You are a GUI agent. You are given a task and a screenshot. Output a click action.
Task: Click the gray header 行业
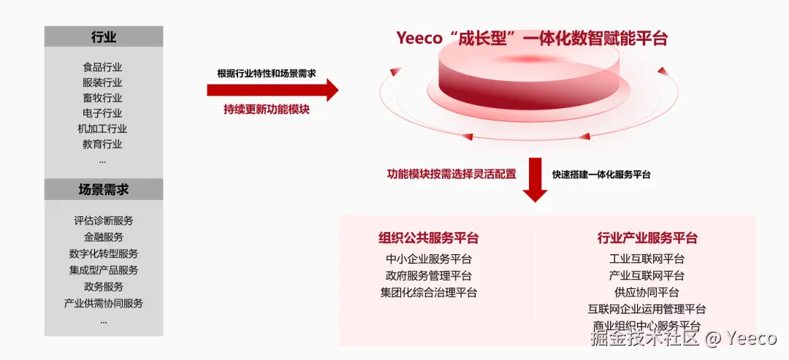click(103, 37)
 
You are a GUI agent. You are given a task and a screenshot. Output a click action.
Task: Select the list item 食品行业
click(102, 67)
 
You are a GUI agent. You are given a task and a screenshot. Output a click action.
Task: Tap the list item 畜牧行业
click(102, 98)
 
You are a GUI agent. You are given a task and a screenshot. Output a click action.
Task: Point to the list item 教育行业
click(102, 144)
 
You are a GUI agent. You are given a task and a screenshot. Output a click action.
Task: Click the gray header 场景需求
click(103, 189)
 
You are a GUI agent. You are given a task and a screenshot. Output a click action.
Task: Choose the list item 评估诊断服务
click(103, 220)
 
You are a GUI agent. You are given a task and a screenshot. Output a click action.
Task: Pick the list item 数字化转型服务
click(103, 253)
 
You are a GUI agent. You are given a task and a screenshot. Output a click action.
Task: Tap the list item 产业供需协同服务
click(103, 303)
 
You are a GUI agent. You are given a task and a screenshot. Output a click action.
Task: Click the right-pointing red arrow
click(272, 91)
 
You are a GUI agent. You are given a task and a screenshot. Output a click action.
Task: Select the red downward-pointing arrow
click(535, 180)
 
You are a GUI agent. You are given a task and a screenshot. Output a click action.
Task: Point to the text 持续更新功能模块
click(267, 110)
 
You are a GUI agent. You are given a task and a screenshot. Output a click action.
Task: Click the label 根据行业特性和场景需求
click(267, 74)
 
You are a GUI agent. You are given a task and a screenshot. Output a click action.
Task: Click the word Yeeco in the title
click(419, 38)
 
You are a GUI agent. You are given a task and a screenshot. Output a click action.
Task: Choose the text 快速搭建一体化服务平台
click(601, 175)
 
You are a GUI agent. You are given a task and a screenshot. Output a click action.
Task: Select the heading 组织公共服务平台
click(428, 237)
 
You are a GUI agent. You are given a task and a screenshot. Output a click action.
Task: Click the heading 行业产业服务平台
click(647, 237)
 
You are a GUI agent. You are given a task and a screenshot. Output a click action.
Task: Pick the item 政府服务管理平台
click(428, 275)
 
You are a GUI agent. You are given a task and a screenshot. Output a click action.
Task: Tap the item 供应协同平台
click(647, 292)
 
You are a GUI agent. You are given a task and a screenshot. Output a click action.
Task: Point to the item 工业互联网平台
click(647, 258)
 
